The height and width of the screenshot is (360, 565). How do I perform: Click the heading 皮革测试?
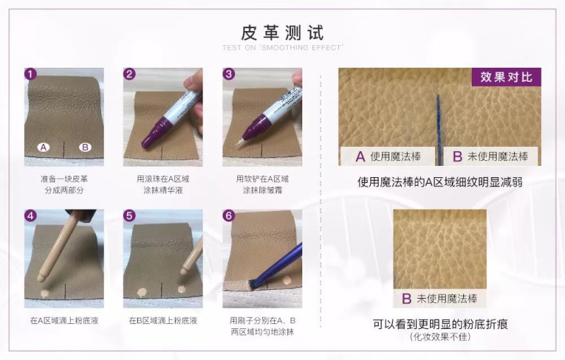pyautogui.click(x=282, y=32)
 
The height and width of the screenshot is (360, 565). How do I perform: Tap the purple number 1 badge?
pyautogui.click(x=30, y=74)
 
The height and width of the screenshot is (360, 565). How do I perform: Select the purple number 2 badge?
pyautogui.click(x=129, y=74)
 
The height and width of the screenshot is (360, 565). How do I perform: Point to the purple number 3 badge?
pyautogui.click(x=228, y=74)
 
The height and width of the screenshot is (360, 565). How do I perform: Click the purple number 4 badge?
pyautogui.click(x=30, y=215)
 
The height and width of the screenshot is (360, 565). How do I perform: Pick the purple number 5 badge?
pyautogui.click(x=129, y=215)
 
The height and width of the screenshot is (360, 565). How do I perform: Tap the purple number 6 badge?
pyautogui.click(x=228, y=215)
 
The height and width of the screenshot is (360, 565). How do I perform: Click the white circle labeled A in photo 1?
pyautogui.click(x=44, y=147)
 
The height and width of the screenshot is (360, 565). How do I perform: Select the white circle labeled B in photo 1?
pyautogui.click(x=85, y=147)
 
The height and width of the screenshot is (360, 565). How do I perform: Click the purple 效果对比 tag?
pyautogui.click(x=506, y=77)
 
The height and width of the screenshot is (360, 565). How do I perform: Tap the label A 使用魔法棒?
pyautogui.click(x=388, y=156)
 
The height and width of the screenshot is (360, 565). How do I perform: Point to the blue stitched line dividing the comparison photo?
pyautogui.click(x=439, y=130)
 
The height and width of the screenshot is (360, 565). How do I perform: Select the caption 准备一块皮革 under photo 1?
pyautogui.click(x=64, y=179)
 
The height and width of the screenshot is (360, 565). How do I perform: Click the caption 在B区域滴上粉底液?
pyautogui.click(x=163, y=320)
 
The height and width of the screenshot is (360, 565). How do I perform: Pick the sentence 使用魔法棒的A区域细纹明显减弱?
pyautogui.click(x=439, y=182)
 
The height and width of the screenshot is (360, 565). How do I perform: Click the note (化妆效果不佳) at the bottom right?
pyautogui.click(x=440, y=337)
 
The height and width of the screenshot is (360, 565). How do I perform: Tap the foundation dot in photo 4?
pyautogui.click(x=44, y=294)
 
